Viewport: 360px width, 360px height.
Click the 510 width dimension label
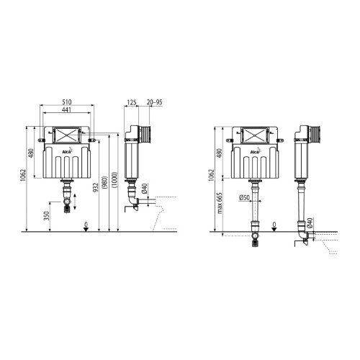point(67,102)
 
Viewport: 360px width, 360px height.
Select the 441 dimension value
point(67,109)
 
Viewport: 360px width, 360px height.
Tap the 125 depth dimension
point(132,102)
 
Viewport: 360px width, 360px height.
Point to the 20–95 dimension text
point(155,102)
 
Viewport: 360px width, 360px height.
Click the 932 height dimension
point(96,188)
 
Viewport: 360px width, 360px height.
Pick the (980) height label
point(106,182)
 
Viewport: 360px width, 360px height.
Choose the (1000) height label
point(114,180)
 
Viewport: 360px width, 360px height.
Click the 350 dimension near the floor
point(47,216)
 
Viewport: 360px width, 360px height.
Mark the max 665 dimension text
point(220,203)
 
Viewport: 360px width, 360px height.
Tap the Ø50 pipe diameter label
point(244,197)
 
